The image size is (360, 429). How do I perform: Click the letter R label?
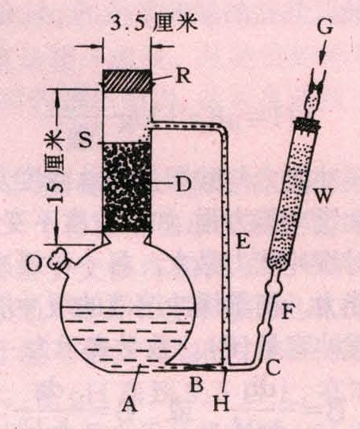point(183,76)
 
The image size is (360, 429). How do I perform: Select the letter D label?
point(183,184)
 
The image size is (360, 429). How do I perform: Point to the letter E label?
point(243,240)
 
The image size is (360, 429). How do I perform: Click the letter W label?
point(323,195)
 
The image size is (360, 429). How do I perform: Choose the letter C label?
point(273,367)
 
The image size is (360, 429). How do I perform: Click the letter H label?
point(221,403)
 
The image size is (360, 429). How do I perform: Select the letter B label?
point(197,385)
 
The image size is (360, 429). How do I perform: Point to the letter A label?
point(129,404)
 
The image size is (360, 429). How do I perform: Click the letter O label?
point(34,264)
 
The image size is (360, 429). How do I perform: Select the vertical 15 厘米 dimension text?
point(56,167)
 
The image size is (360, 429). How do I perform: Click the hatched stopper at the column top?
point(127,81)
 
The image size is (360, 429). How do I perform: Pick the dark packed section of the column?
point(127,187)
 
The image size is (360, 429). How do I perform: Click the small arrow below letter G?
point(323,52)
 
